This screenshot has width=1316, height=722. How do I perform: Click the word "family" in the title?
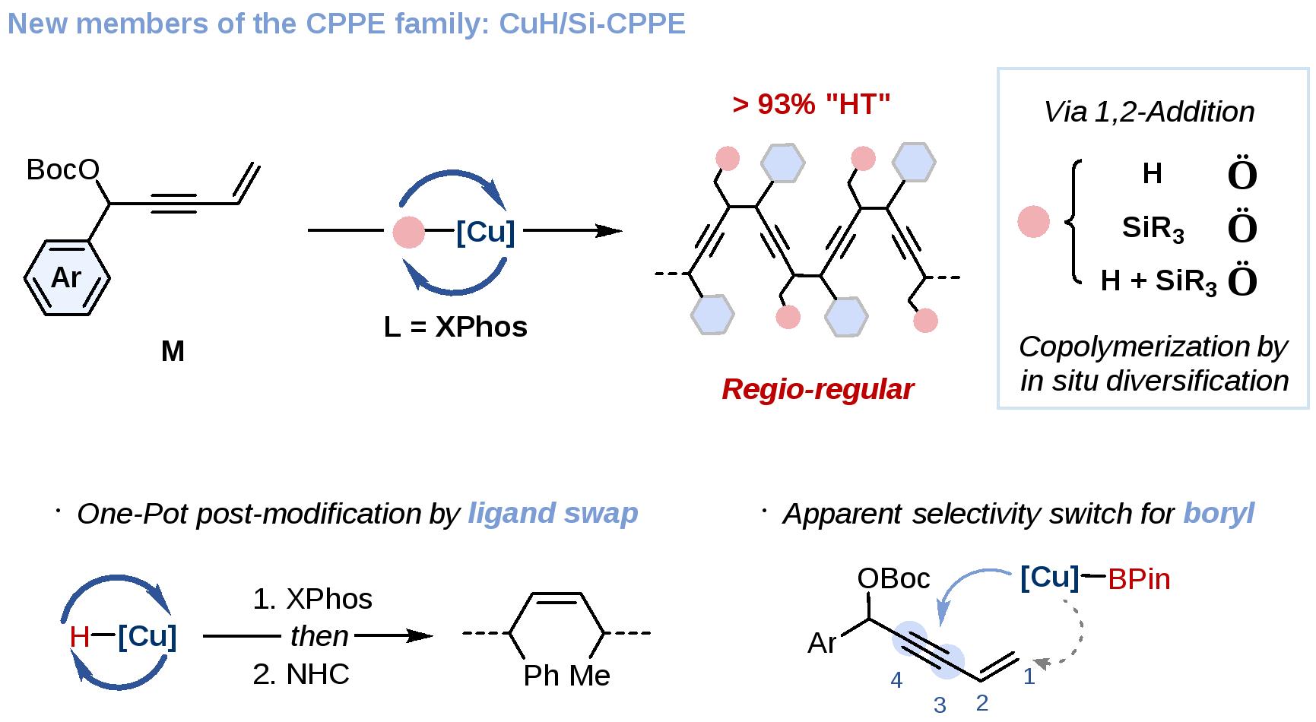pyautogui.click(x=442, y=24)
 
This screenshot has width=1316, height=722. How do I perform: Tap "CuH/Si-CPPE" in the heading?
pyautogui.click(x=591, y=24)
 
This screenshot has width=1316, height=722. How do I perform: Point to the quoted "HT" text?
pyautogui.click(x=857, y=105)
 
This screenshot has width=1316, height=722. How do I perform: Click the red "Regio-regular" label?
pyautogui.click(x=817, y=389)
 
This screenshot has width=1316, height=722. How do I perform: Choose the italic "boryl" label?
pyautogui.click(x=1219, y=513)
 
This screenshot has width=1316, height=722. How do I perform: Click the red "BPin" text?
pyautogui.click(x=1138, y=580)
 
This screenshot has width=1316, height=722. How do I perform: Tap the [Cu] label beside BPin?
pyautogui.click(x=1049, y=578)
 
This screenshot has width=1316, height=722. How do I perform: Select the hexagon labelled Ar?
pyautogui.click(x=67, y=277)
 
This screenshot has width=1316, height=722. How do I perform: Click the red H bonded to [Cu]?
pyautogui.click(x=79, y=637)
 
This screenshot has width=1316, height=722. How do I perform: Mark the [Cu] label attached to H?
pyautogui.click(x=147, y=636)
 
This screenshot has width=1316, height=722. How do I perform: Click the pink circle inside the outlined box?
pyautogui.click(x=1033, y=221)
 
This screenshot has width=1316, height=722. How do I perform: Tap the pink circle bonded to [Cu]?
pyautogui.click(x=409, y=232)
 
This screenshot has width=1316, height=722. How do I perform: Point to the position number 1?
pyautogui.click(x=1029, y=676)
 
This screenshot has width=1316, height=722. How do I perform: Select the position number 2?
pyautogui.click(x=982, y=703)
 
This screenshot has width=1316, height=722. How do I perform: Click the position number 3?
pyautogui.click(x=940, y=705)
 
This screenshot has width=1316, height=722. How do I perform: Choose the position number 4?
pyautogui.click(x=896, y=680)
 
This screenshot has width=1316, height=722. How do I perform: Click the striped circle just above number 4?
pyautogui.click(x=909, y=638)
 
